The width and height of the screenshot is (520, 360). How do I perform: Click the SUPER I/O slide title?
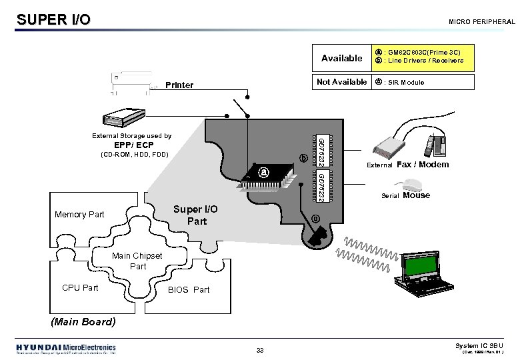click(53, 19)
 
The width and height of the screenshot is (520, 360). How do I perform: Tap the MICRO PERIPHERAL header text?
click(481, 22)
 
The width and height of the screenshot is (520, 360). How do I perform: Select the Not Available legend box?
click(341, 82)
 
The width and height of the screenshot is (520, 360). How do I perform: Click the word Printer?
click(180, 85)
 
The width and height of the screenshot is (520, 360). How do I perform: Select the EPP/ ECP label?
click(134, 145)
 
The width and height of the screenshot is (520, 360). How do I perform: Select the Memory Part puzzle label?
click(80, 214)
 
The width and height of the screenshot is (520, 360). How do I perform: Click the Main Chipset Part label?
click(137, 261)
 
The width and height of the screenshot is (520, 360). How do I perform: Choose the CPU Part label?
click(80, 288)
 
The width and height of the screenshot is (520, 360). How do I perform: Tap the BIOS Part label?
click(189, 290)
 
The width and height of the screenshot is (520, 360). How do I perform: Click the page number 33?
click(260, 351)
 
